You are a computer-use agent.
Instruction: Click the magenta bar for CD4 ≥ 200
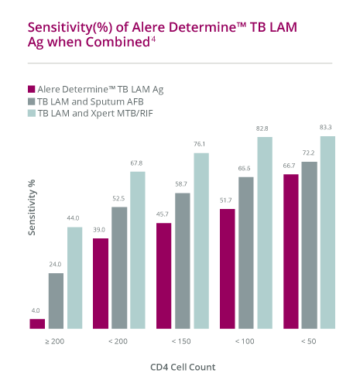[x=36, y=324]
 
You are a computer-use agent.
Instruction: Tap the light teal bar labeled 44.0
[x=74, y=277]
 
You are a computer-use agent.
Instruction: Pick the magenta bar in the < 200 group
[x=100, y=283]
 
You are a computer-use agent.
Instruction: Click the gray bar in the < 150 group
[x=183, y=260]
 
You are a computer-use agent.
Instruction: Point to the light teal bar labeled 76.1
[x=201, y=240]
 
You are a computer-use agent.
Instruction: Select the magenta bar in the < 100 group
[x=227, y=269]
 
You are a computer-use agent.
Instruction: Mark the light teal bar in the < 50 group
[x=327, y=232]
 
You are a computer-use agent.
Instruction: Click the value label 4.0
[x=36, y=310]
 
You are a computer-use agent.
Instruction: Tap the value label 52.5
[x=118, y=199]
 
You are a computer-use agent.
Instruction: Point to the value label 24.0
[x=55, y=265]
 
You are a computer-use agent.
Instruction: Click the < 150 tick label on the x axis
[x=182, y=341]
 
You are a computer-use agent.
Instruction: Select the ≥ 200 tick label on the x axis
[x=55, y=341]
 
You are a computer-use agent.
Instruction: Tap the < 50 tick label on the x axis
[x=308, y=341]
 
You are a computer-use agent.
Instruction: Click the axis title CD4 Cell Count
[x=182, y=367]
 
